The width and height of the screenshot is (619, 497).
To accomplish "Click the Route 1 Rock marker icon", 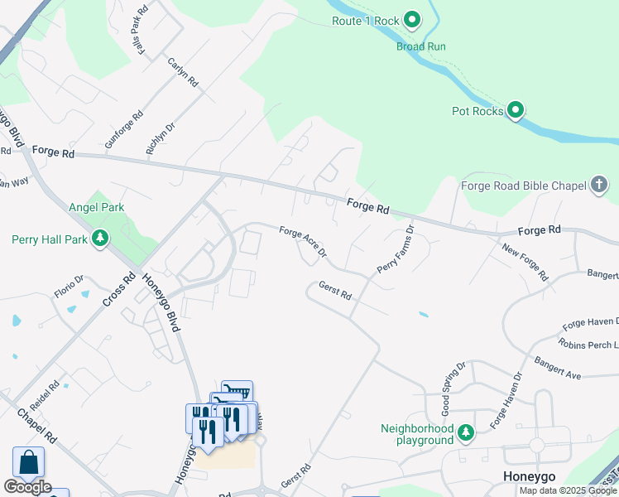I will coord(411,20).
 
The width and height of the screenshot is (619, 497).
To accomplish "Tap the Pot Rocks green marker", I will coord(516,110).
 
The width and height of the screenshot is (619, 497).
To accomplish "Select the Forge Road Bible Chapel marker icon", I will coord(600,185).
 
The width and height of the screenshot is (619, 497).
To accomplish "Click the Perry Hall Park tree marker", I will coord(100,239).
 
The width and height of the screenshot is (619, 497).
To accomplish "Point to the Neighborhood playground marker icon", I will coord(466,432).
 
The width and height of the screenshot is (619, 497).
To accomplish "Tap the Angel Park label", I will coord(96,208).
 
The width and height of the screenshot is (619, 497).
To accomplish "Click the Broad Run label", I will coord(420,46).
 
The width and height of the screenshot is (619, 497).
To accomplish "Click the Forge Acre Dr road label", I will coord(303,242).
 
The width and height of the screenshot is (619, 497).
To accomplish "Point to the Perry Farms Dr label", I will coord(395,249).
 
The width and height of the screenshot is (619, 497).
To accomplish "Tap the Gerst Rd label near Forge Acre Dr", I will coord(335,291).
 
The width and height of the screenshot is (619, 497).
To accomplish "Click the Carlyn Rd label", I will coord(183,72).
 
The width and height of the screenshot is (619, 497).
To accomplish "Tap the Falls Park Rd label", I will coord(142,31).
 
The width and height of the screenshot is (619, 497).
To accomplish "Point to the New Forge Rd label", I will coord(525,262).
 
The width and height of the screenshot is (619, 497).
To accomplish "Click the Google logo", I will coord(27,487).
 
